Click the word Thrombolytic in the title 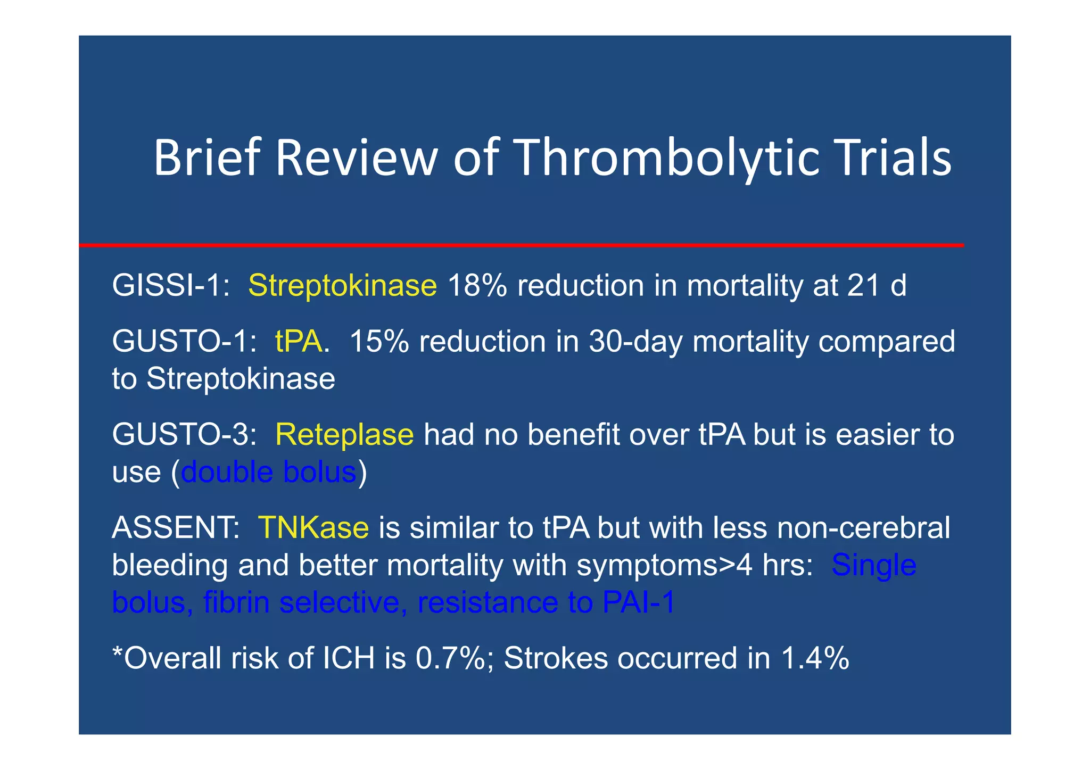(667, 158)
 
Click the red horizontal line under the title (522, 245)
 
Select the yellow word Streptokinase (342, 286)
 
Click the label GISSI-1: (171, 286)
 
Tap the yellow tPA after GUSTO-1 (299, 341)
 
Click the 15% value (379, 341)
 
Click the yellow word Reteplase (344, 435)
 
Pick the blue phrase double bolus (268, 472)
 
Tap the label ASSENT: (176, 528)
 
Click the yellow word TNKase (313, 528)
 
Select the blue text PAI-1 (638, 602)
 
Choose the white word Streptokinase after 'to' (241, 379)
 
